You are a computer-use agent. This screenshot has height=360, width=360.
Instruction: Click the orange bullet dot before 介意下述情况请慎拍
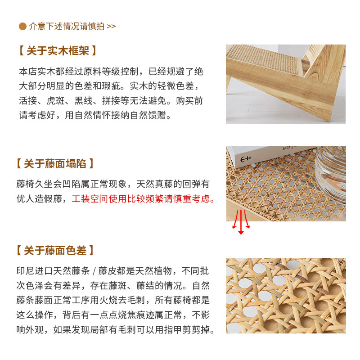[22, 26]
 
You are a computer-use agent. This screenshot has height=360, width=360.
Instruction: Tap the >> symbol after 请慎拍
[111, 26]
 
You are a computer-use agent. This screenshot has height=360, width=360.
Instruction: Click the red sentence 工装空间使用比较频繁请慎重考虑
[143, 198]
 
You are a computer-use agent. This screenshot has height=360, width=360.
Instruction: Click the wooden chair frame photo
[285, 84]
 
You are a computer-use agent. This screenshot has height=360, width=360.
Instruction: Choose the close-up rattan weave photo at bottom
[286, 295]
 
